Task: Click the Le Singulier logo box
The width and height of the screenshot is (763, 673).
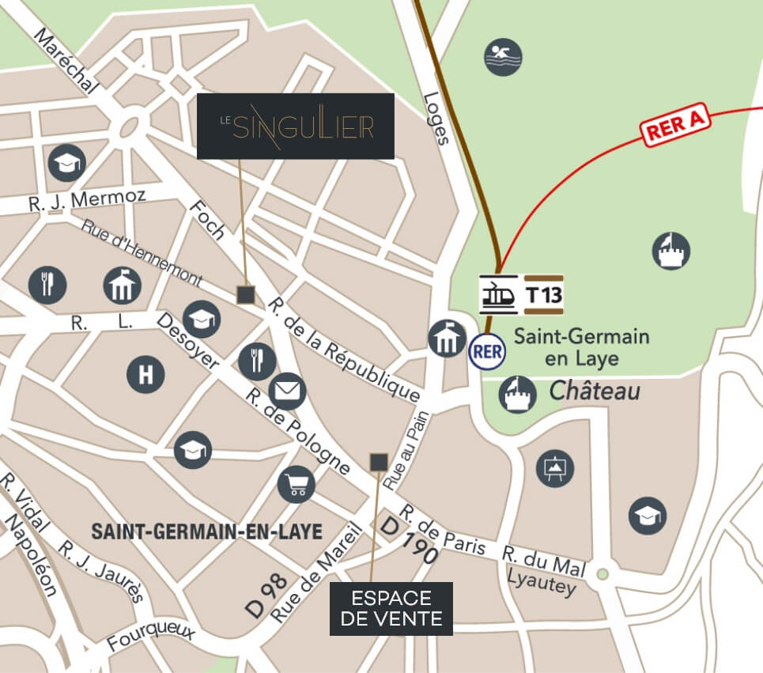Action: tap(295, 126)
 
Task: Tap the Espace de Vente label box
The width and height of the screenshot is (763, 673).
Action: tap(391, 608)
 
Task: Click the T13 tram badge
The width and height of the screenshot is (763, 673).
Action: tap(543, 295)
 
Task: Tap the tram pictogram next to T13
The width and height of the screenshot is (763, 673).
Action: tap(499, 295)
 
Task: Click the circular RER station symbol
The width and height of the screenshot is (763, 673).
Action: tap(487, 351)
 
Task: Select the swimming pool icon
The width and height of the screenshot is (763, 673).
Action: tap(503, 57)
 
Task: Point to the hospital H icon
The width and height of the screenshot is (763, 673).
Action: tap(145, 373)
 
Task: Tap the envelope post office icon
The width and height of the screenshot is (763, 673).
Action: tap(287, 391)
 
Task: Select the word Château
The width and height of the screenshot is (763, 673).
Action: tap(594, 391)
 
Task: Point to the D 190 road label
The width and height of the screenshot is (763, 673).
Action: tap(409, 541)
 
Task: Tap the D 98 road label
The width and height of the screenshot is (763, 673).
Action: tap(265, 595)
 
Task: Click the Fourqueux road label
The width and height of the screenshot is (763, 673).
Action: tap(151, 637)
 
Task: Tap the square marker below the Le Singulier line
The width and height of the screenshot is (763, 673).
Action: tap(246, 295)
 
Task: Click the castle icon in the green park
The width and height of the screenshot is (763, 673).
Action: tap(671, 251)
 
